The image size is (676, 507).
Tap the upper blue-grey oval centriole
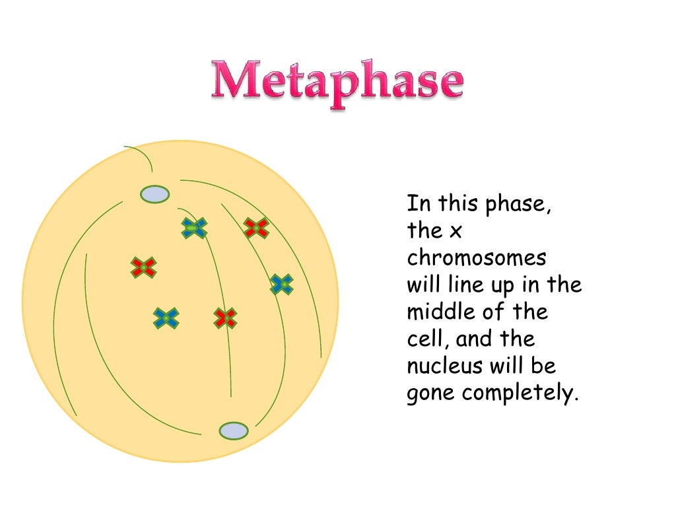[x=154, y=194]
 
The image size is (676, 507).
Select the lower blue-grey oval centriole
[x=233, y=430]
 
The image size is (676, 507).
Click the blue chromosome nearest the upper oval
[x=194, y=228]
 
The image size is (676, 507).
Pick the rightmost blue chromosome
[x=282, y=285]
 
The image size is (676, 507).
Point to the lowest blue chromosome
[x=166, y=318]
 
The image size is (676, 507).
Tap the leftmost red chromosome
[x=143, y=267]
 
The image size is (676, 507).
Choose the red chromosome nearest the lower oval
[x=225, y=318]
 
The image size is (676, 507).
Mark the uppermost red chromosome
[x=255, y=228]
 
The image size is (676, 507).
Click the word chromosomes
[x=477, y=257]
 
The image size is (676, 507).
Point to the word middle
[x=441, y=312]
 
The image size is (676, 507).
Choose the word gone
[x=430, y=394]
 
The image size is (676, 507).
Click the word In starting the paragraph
[x=415, y=203]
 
